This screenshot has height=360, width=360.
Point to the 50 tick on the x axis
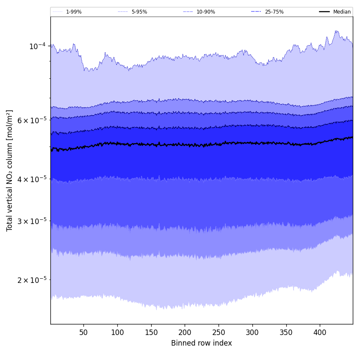83,332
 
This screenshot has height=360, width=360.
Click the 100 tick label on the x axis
117,332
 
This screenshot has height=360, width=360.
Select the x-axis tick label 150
151,332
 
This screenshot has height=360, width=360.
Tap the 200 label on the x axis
185,332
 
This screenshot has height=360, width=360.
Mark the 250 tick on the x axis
219,332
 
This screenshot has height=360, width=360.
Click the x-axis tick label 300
252,332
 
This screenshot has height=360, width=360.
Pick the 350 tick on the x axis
286,332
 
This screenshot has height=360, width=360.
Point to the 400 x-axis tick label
320,332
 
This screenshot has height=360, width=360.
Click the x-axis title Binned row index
202,343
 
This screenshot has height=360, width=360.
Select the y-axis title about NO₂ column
10,170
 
